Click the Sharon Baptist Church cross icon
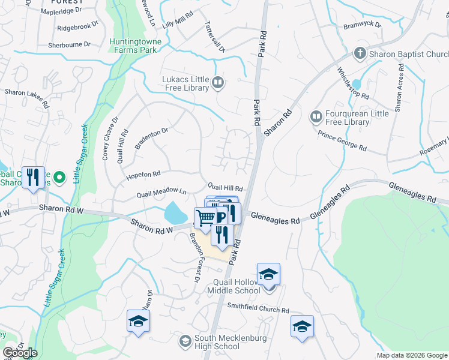[360, 53]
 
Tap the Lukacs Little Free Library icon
[218, 83]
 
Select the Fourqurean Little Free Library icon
[316, 115]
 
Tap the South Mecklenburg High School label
[209, 343]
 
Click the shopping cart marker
[205, 217]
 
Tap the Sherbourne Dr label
[69, 44]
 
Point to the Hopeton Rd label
[143, 175]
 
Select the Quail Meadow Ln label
[161, 193]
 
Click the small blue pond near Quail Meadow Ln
[175, 212]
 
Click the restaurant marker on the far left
[34, 178]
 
